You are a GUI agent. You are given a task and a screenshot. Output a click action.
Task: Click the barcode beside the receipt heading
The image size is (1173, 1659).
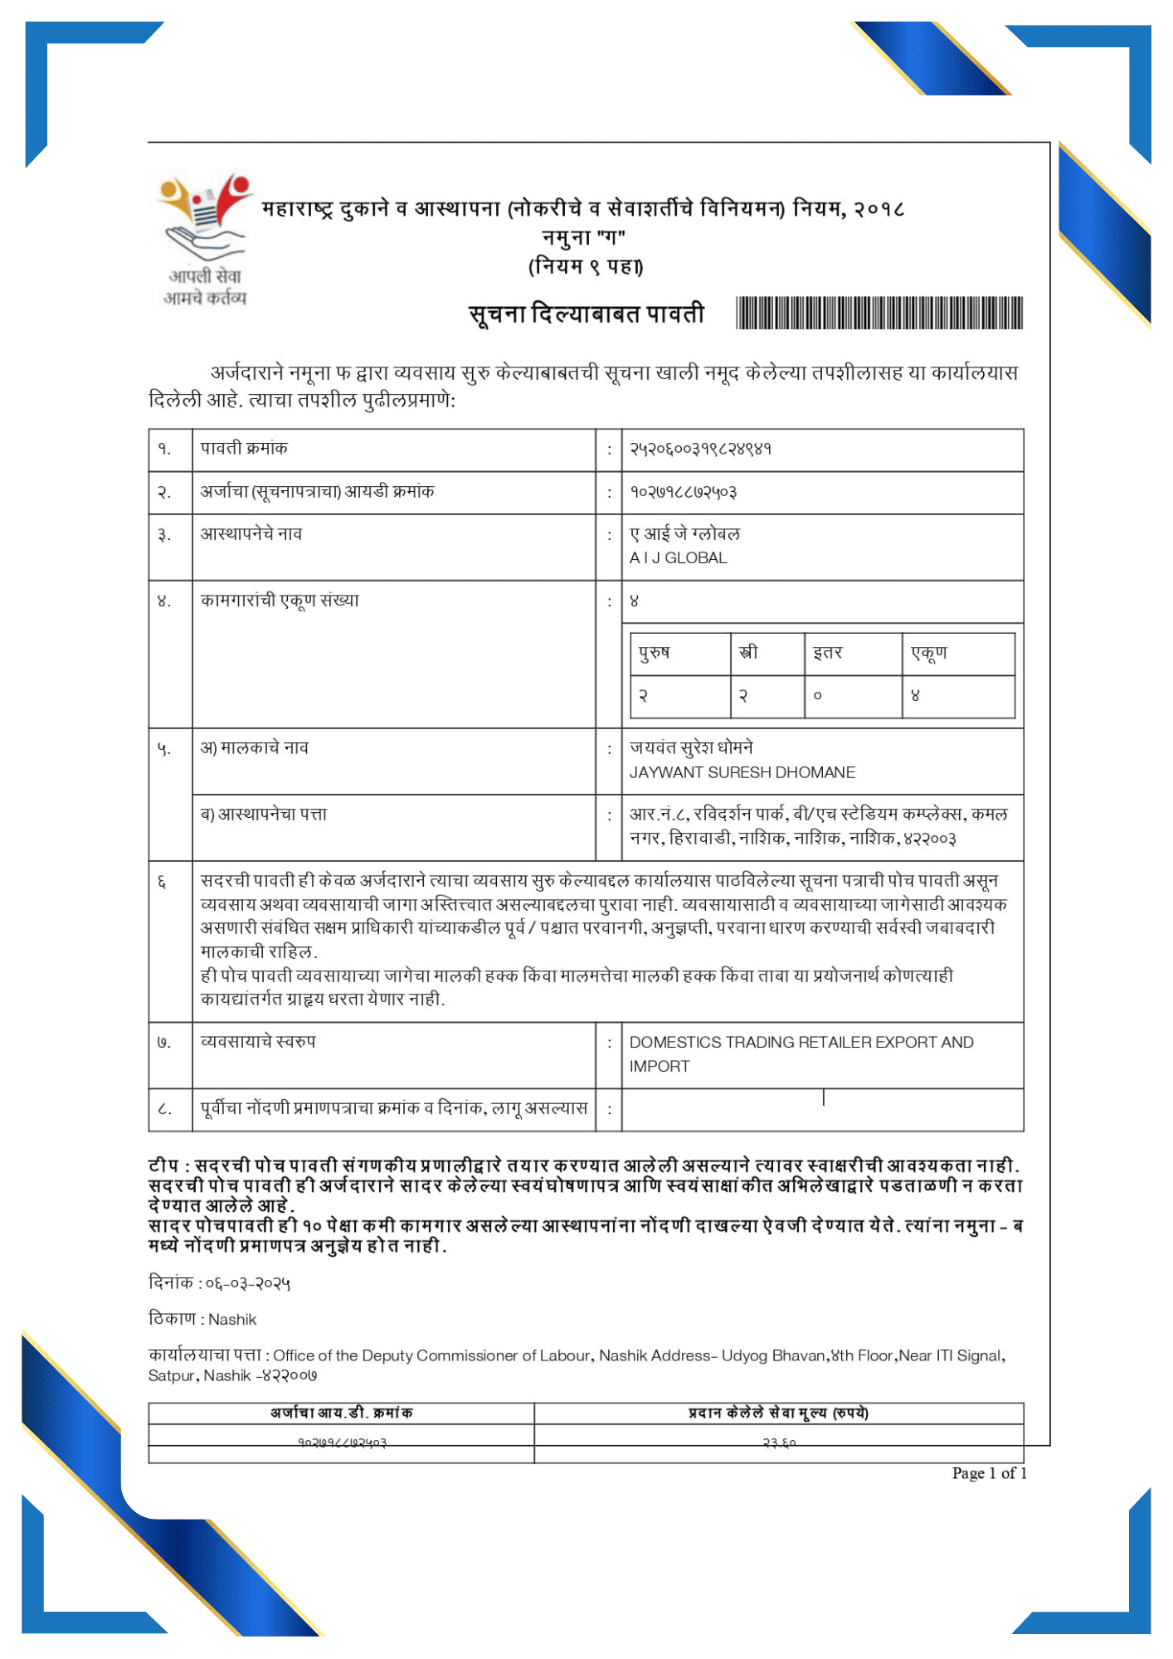click(879, 313)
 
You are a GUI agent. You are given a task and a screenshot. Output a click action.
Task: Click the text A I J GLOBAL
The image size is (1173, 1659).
click(678, 558)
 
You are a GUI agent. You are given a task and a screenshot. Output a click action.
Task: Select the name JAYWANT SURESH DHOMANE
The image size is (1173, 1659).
click(742, 772)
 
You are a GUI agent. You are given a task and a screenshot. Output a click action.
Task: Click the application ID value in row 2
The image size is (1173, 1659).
click(683, 492)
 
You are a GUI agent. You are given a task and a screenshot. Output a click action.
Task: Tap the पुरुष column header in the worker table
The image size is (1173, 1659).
click(654, 653)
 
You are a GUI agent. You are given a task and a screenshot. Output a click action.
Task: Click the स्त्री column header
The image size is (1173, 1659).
click(748, 653)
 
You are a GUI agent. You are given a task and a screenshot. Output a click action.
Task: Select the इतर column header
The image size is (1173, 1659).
click(827, 653)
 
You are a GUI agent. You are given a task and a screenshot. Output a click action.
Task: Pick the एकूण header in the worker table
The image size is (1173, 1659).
click(928, 653)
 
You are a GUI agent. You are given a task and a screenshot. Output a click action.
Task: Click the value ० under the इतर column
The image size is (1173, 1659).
click(817, 696)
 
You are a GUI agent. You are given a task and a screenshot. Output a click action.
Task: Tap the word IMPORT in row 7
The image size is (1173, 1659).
click(659, 1067)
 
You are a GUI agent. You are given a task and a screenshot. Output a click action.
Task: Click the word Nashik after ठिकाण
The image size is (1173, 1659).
click(232, 1320)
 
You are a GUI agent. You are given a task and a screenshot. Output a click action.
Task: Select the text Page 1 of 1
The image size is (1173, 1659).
click(989, 1474)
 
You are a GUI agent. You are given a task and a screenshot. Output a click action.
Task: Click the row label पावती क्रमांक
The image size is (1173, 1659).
click(244, 449)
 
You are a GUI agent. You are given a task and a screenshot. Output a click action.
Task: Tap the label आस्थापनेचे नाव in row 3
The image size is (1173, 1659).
click(251, 534)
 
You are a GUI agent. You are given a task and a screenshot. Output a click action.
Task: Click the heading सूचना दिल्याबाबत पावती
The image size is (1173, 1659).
click(586, 314)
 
